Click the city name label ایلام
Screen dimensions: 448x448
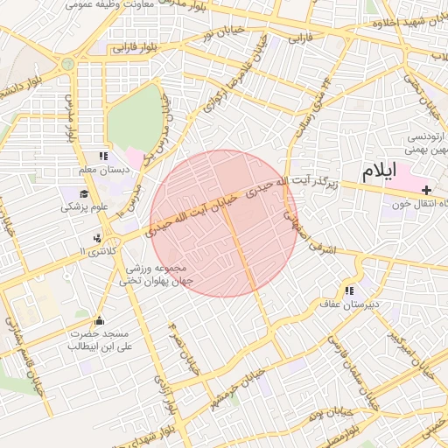coord(378,171)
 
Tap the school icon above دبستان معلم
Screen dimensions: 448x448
coord(103,156)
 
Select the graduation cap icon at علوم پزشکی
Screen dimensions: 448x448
coord(84,193)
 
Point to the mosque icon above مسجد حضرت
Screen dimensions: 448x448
coord(98,320)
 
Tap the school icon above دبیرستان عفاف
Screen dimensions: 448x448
coord(349,290)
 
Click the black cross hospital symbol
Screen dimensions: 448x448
coord(426,190)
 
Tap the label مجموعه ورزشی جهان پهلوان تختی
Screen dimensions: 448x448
coord(157,275)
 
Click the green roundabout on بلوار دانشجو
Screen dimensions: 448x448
coord(67,64)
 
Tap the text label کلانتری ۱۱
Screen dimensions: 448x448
coord(95,251)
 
